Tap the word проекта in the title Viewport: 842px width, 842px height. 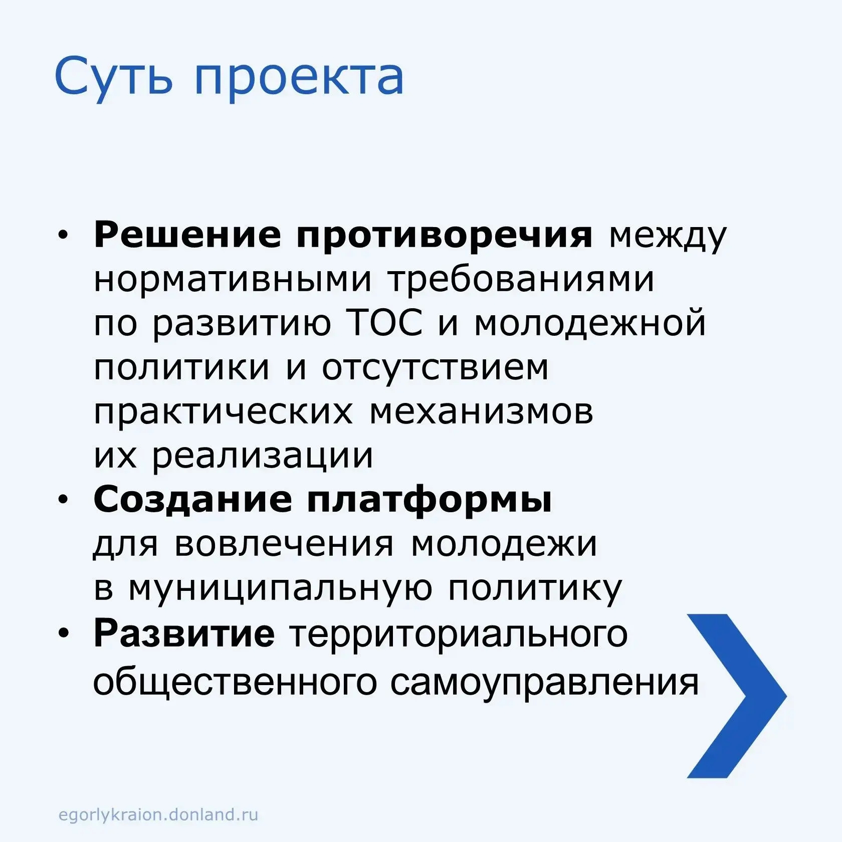(299, 80)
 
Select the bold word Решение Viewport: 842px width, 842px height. (187, 234)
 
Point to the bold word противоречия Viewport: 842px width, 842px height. (445, 236)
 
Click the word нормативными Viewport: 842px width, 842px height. (233, 279)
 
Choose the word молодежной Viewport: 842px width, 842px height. (590, 323)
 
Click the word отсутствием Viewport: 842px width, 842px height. (435, 368)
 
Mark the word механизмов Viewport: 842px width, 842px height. (482, 412)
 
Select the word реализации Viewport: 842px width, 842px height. (263, 457)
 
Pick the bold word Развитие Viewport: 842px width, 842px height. (184, 633)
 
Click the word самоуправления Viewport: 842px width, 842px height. (545, 683)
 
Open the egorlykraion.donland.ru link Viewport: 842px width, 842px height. (158, 814)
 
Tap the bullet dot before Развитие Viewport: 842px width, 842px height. (63, 634)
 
